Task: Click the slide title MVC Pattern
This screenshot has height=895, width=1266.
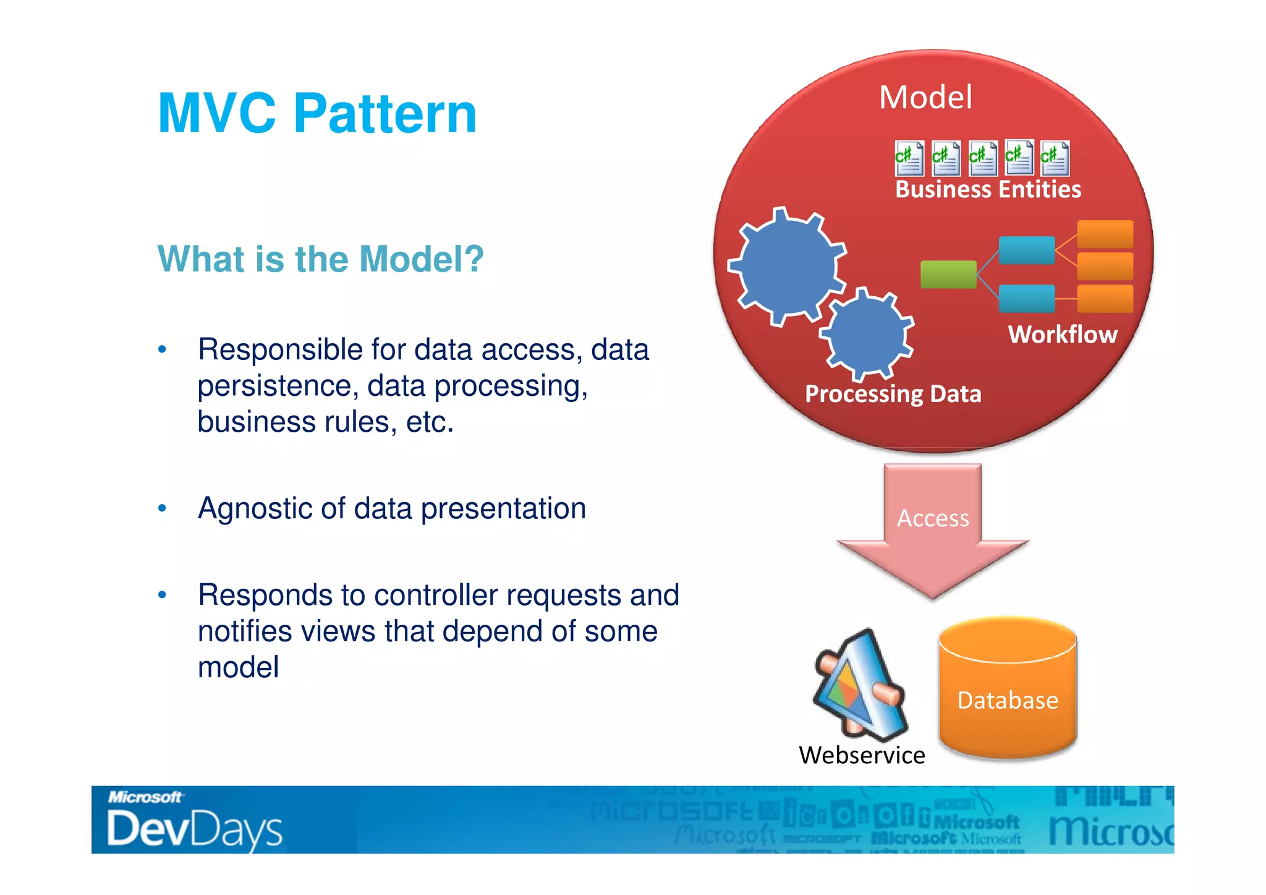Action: (x=317, y=113)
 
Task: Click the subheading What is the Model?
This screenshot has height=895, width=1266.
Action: (x=320, y=259)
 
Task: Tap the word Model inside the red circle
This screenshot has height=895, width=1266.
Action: (x=925, y=98)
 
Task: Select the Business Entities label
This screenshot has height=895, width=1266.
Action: (x=988, y=189)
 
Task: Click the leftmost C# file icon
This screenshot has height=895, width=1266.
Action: (x=909, y=158)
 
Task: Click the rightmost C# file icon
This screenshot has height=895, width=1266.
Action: (x=1055, y=158)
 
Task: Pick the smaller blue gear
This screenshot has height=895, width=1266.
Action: (x=867, y=333)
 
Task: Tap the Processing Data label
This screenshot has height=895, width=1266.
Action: (x=893, y=394)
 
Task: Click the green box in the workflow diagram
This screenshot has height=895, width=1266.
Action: (x=948, y=275)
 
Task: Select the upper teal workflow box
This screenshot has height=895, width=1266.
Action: (x=1026, y=250)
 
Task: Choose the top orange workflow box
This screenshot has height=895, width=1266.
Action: (x=1105, y=234)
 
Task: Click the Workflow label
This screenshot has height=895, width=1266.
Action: (x=1063, y=335)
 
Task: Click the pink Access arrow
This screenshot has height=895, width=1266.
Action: (x=933, y=526)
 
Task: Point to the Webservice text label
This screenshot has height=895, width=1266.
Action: (x=862, y=755)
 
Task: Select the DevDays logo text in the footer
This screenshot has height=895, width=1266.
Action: (x=194, y=829)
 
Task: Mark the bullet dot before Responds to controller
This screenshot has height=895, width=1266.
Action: (x=162, y=595)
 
